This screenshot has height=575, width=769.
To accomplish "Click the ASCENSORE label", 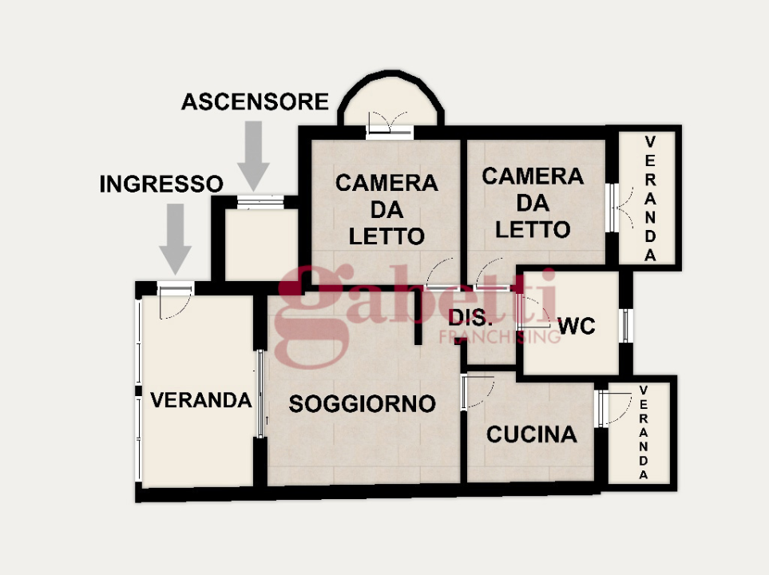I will pos(255,101).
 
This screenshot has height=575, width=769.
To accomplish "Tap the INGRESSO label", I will pos(161,184).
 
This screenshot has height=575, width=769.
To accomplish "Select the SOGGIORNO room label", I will pos(362,404).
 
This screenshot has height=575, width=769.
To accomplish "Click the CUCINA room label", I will pos(531,434).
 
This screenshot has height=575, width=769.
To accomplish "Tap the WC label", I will pos(578,326).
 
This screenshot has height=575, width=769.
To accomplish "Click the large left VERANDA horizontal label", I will pos(201,400).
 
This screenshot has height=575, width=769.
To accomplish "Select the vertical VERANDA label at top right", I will pos(650,198).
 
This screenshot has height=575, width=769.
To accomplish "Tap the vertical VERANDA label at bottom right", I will pos(643,432).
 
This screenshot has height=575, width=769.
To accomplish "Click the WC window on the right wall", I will pos(626,325).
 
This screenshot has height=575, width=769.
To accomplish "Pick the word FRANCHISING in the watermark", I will pos(500,338).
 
